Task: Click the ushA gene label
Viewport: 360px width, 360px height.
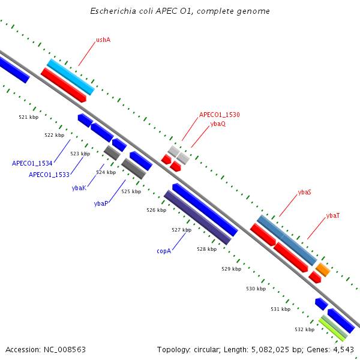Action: pyautogui.click(x=103, y=40)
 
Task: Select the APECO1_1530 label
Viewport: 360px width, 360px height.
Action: pyautogui.click(x=220, y=115)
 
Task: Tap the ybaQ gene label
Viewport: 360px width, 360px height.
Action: pyautogui.click(x=218, y=124)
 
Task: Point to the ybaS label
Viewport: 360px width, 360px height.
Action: pyautogui.click(x=304, y=193)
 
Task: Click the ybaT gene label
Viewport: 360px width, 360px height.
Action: pyautogui.click(x=333, y=215)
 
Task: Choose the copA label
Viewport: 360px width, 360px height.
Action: pyautogui.click(x=164, y=251)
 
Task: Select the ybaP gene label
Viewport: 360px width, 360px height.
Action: pyautogui.click(x=101, y=203)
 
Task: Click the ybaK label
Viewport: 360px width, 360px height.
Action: pyautogui.click(x=79, y=188)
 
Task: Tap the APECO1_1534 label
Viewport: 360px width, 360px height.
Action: pyautogui.click(x=32, y=163)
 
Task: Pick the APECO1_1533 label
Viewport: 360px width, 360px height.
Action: pyautogui.click(x=49, y=175)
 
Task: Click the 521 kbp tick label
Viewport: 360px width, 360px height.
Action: pyautogui.click(x=28, y=117)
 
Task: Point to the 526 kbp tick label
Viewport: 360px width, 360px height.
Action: pyautogui.click(x=156, y=210)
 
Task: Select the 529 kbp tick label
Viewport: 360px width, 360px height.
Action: pyautogui.click(x=231, y=269)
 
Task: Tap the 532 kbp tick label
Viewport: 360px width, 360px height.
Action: pyautogui.click(x=304, y=329)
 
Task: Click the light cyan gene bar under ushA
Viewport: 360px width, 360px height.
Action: pyautogui.click(x=71, y=77)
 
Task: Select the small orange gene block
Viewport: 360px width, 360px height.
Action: pyautogui.click(x=323, y=269)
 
